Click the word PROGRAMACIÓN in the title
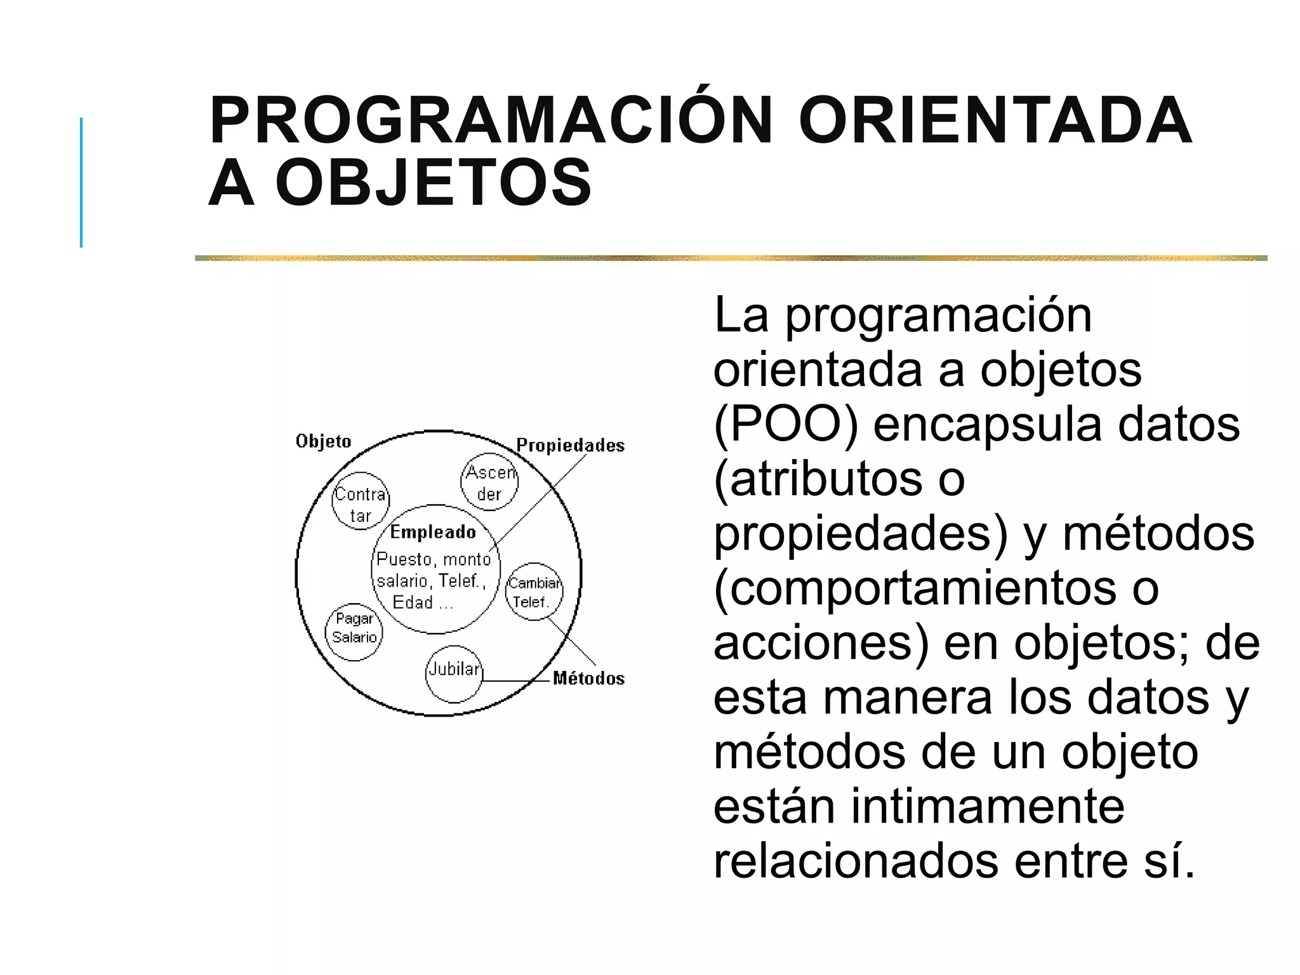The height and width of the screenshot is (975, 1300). coord(491,121)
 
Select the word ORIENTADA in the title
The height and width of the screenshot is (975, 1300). coord(995,121)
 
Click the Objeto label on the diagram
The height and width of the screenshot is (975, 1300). coord(323,441)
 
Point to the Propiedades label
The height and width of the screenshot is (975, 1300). coord(570,446)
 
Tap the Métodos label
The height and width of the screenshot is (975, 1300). coord(588,679)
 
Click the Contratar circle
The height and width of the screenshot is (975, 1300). coord(361,501)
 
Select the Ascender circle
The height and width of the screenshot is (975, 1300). coord(489,482)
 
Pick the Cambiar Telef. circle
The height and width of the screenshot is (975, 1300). coord(534,592)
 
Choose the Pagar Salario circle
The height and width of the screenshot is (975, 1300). coord(354,632)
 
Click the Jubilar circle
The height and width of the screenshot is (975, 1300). coord(454,674)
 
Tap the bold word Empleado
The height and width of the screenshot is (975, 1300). coord(433,532)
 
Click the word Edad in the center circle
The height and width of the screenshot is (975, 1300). coord(413,602)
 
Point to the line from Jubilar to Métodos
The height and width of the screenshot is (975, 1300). coord(515,681)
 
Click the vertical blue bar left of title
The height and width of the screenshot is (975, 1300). coord(81,182)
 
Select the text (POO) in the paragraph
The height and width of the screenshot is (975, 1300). coord(786,425)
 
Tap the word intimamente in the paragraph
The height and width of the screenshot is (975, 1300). coord(987,807)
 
